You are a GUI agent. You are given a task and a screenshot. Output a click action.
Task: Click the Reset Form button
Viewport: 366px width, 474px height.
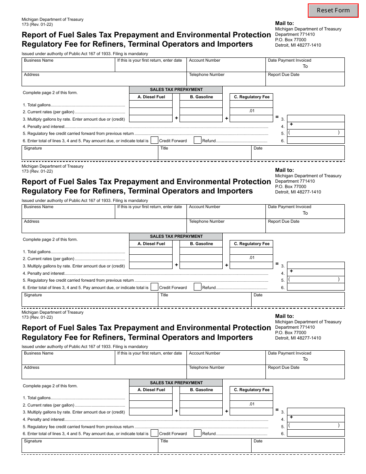(x=333, y=10)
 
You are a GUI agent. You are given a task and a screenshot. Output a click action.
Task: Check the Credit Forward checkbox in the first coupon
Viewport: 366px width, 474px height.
(x=154, y=140)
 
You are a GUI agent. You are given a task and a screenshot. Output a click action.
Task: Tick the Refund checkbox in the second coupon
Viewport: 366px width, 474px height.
(x=197, y=287)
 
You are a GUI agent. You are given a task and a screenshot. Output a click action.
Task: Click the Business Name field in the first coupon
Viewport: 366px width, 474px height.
(x=68, y=66)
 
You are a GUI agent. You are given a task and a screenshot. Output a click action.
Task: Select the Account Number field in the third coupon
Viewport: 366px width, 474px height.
(x=226, y=359)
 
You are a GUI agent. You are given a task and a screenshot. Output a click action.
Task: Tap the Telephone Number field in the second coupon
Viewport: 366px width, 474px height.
(x=226, y=227)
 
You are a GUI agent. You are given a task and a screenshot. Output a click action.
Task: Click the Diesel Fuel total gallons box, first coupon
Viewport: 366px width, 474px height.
(x=151, y=104)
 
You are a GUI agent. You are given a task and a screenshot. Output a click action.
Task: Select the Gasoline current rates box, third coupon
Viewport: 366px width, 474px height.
(x=201, y=404)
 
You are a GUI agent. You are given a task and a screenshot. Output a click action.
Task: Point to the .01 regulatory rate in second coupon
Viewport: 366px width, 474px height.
(x=251, y=257)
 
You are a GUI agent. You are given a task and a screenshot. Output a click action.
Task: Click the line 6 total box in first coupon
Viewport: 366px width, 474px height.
(x=316, y=140)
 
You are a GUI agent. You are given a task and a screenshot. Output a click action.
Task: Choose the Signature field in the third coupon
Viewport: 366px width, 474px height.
(x=89, y=447)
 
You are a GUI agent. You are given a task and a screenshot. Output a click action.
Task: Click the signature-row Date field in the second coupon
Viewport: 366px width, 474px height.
(x=298, y=301)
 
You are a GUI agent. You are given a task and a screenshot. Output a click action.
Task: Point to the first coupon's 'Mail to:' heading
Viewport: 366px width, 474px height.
(x=284, y=23)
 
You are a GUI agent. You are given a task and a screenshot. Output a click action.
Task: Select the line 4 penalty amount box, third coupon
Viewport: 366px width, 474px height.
(x=316, y=419)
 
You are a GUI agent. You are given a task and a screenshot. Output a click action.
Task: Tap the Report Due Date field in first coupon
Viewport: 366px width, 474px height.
(x=305, y=81)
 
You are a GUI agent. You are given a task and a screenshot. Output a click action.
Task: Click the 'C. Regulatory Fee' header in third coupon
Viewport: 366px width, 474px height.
(x=252, y=390)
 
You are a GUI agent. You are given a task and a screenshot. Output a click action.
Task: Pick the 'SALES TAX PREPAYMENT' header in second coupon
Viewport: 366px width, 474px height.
(x=176, y=236)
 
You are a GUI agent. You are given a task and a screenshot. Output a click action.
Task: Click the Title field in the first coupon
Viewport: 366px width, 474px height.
(x=205, y=154)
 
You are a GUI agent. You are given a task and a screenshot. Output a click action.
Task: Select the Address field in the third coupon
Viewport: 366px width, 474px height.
(x=104, y=373)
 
